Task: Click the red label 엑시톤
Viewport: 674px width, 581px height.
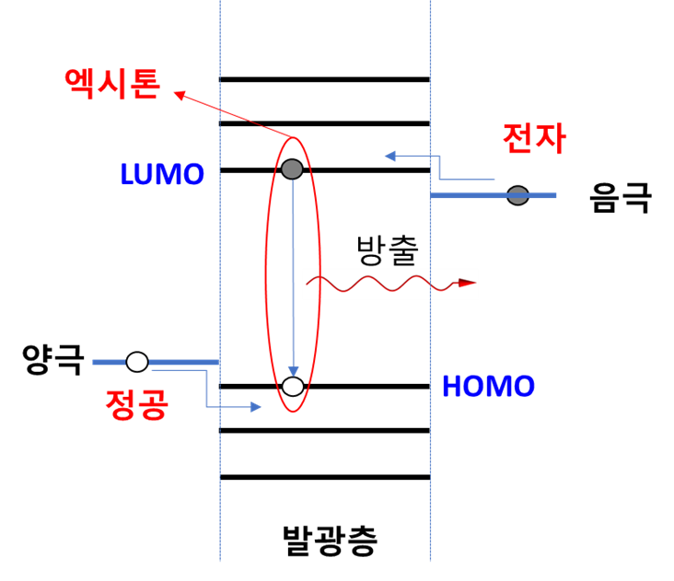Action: click(112, 84)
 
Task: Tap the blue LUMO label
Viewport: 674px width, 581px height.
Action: click(162, 174)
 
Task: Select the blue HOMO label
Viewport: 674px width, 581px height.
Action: click(488, 386)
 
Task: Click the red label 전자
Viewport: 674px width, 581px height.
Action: click(534, 138)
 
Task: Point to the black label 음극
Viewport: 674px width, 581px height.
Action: click(621, 197)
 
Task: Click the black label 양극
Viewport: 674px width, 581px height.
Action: click(52, 360)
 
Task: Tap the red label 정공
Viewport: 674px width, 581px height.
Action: click(136, 404)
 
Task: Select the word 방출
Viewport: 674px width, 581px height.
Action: click(388, 250)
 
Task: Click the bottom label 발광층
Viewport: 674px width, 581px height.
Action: click(331, 540)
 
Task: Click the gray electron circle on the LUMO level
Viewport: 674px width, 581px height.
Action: click(292, 168)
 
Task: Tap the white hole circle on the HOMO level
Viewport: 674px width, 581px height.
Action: click(293, 386)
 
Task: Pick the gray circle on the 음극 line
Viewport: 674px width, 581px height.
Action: click(518, 195)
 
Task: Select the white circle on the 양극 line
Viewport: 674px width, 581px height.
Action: click(137, 362)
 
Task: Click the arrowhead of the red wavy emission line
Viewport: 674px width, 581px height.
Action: click(467, 283)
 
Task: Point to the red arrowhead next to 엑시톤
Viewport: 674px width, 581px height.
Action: click(180, 96)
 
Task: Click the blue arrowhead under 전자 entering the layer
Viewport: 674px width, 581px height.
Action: click(389, 156)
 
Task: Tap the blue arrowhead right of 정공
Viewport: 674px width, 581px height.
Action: click(256, 407)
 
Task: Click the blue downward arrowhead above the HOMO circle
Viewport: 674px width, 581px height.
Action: click(293, 371)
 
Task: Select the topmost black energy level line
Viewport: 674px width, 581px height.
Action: click(324, 79)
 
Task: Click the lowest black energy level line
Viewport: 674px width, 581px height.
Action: click(325, 477)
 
